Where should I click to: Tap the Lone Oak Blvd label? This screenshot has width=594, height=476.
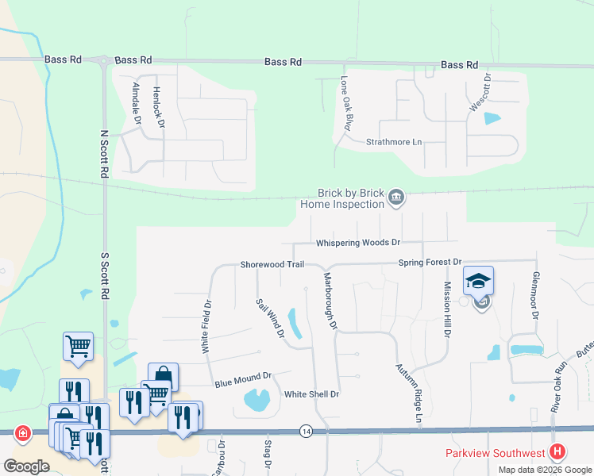coord(345,103)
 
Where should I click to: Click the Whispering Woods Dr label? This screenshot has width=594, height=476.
coord(357,243)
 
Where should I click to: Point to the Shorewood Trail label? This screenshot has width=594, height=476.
coord(272,264)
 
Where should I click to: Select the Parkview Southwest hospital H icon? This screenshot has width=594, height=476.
coord(557,452)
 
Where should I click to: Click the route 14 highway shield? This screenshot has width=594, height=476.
coord(306,431)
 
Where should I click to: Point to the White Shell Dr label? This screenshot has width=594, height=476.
coord(311,394)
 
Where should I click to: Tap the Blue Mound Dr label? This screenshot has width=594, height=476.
coord(243,380)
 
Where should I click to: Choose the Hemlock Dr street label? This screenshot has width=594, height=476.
coord(157,107)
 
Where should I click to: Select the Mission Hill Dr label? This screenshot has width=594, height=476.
coord(446,310)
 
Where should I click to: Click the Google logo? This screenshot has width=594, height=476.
coord(27,466)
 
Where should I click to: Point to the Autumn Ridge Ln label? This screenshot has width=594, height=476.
coord(407,393)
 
